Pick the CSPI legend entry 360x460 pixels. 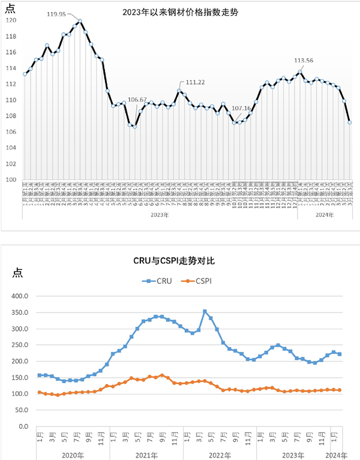click(x=197, y=280)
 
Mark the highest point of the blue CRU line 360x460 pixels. click(x=205, y=311)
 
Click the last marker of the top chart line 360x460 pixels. click(x=350, y=122)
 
